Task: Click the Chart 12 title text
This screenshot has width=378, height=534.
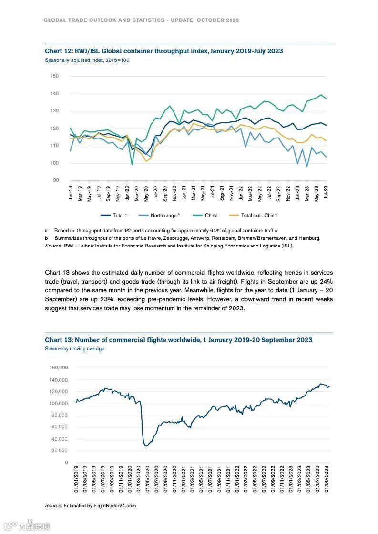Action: click(163, 51)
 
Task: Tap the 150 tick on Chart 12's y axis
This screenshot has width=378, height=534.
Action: click(54, 76)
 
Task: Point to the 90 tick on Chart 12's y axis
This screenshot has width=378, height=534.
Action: click(55, 180)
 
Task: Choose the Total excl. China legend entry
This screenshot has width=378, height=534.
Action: click(258, 216)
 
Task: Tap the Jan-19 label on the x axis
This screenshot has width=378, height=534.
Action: click(71, 193)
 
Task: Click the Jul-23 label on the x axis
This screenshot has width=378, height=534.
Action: click(327, 193)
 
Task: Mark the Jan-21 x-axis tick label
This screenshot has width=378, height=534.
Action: click(184, 193)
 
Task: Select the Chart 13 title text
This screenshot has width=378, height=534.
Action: click(178, 340)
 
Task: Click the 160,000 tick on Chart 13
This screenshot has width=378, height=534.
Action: click(59, 368)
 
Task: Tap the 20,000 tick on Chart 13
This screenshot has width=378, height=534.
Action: click(60, 451)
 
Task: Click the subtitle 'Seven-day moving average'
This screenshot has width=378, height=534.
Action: click(74, 349)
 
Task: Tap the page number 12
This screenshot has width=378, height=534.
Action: click(30, 521)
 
